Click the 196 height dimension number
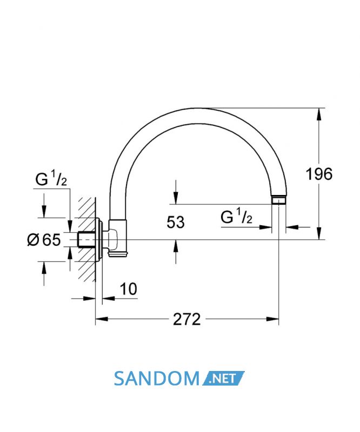(x=319, y=174)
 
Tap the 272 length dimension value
(x=187, y=320)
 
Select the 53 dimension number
(x=176, y=222)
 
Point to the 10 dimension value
(x=129, y=289)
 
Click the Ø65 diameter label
(x=44, y=239)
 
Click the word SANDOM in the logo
(x=156, y=379)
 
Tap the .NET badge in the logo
(x=223, y=379)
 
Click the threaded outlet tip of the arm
(x=278, y=200)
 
